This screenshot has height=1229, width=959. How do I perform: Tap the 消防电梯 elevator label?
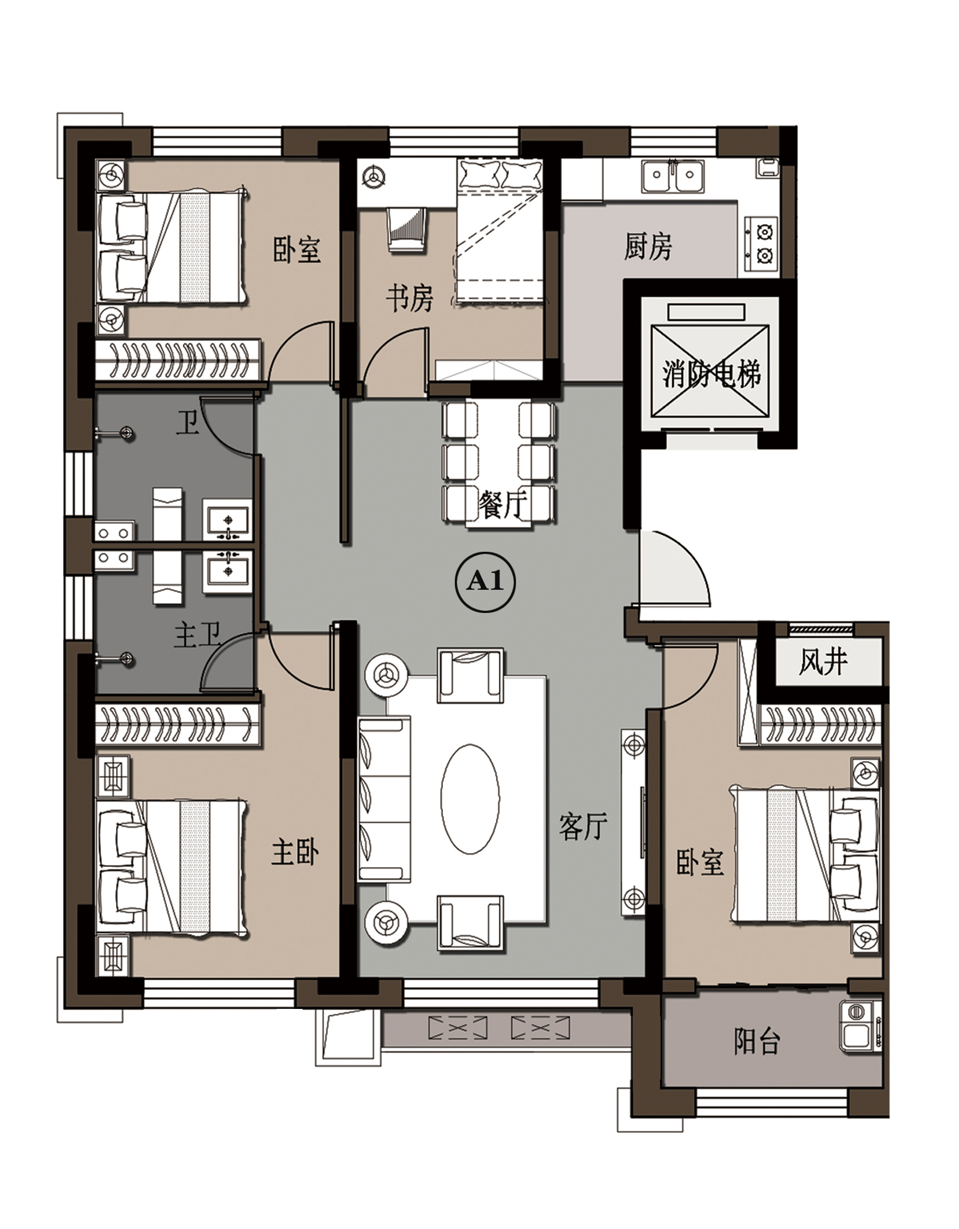point(711,373)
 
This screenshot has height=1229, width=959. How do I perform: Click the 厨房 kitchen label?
point(648,247)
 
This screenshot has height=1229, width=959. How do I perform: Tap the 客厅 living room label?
point(583,826)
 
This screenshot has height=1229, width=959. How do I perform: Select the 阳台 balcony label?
point(757,1041)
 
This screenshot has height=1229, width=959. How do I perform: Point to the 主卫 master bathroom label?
point(197,636)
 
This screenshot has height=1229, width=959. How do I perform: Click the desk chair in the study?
point(406,231)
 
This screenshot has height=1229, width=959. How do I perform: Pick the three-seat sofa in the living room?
point(384,799)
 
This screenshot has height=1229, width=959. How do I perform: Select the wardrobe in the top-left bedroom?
point(178,360)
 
